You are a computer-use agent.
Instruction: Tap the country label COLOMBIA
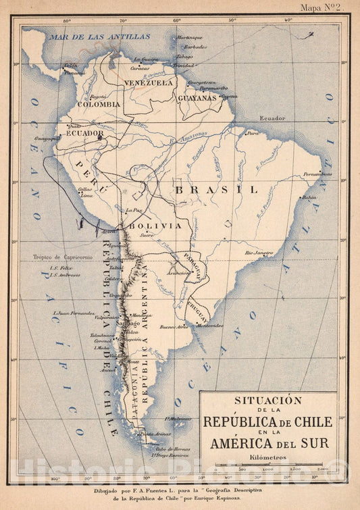click(99, 105)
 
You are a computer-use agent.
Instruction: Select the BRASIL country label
click(216, 190)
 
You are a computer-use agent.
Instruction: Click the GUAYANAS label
click(197, 97)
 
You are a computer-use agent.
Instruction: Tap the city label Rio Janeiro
click(259, 253)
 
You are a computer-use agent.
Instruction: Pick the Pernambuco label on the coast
click(317, 174)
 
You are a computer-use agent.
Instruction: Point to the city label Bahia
click(309, 197)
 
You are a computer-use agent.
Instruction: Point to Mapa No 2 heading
click(321, 8)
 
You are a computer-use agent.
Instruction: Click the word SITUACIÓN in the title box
click(268, 401)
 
